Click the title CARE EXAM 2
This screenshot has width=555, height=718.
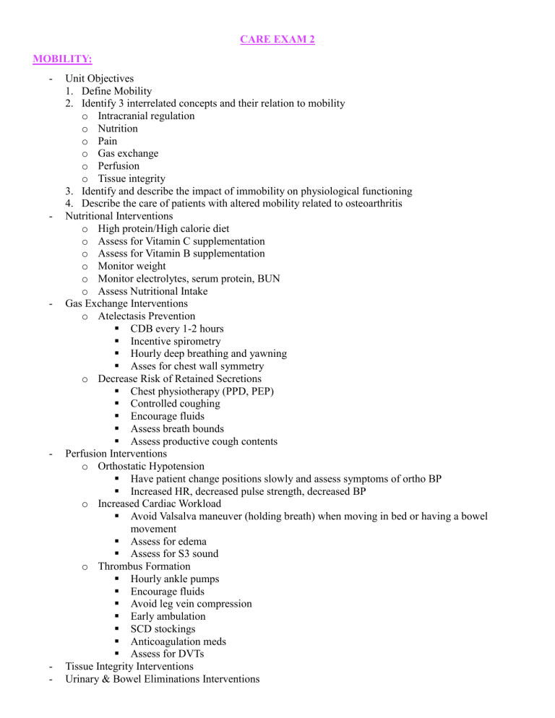(277, 39)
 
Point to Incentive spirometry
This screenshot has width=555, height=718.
(176, 341)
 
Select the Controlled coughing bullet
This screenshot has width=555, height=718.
(176, 404)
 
